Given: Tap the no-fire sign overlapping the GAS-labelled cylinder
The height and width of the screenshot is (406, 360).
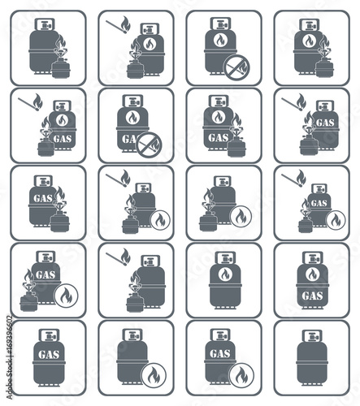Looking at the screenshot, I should (148, 146).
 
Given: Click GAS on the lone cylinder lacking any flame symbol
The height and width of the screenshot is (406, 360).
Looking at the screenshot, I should (50, 354).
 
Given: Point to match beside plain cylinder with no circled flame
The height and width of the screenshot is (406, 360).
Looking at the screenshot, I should (122, 258).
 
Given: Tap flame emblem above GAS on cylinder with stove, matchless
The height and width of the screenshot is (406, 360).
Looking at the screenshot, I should (217, 117).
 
